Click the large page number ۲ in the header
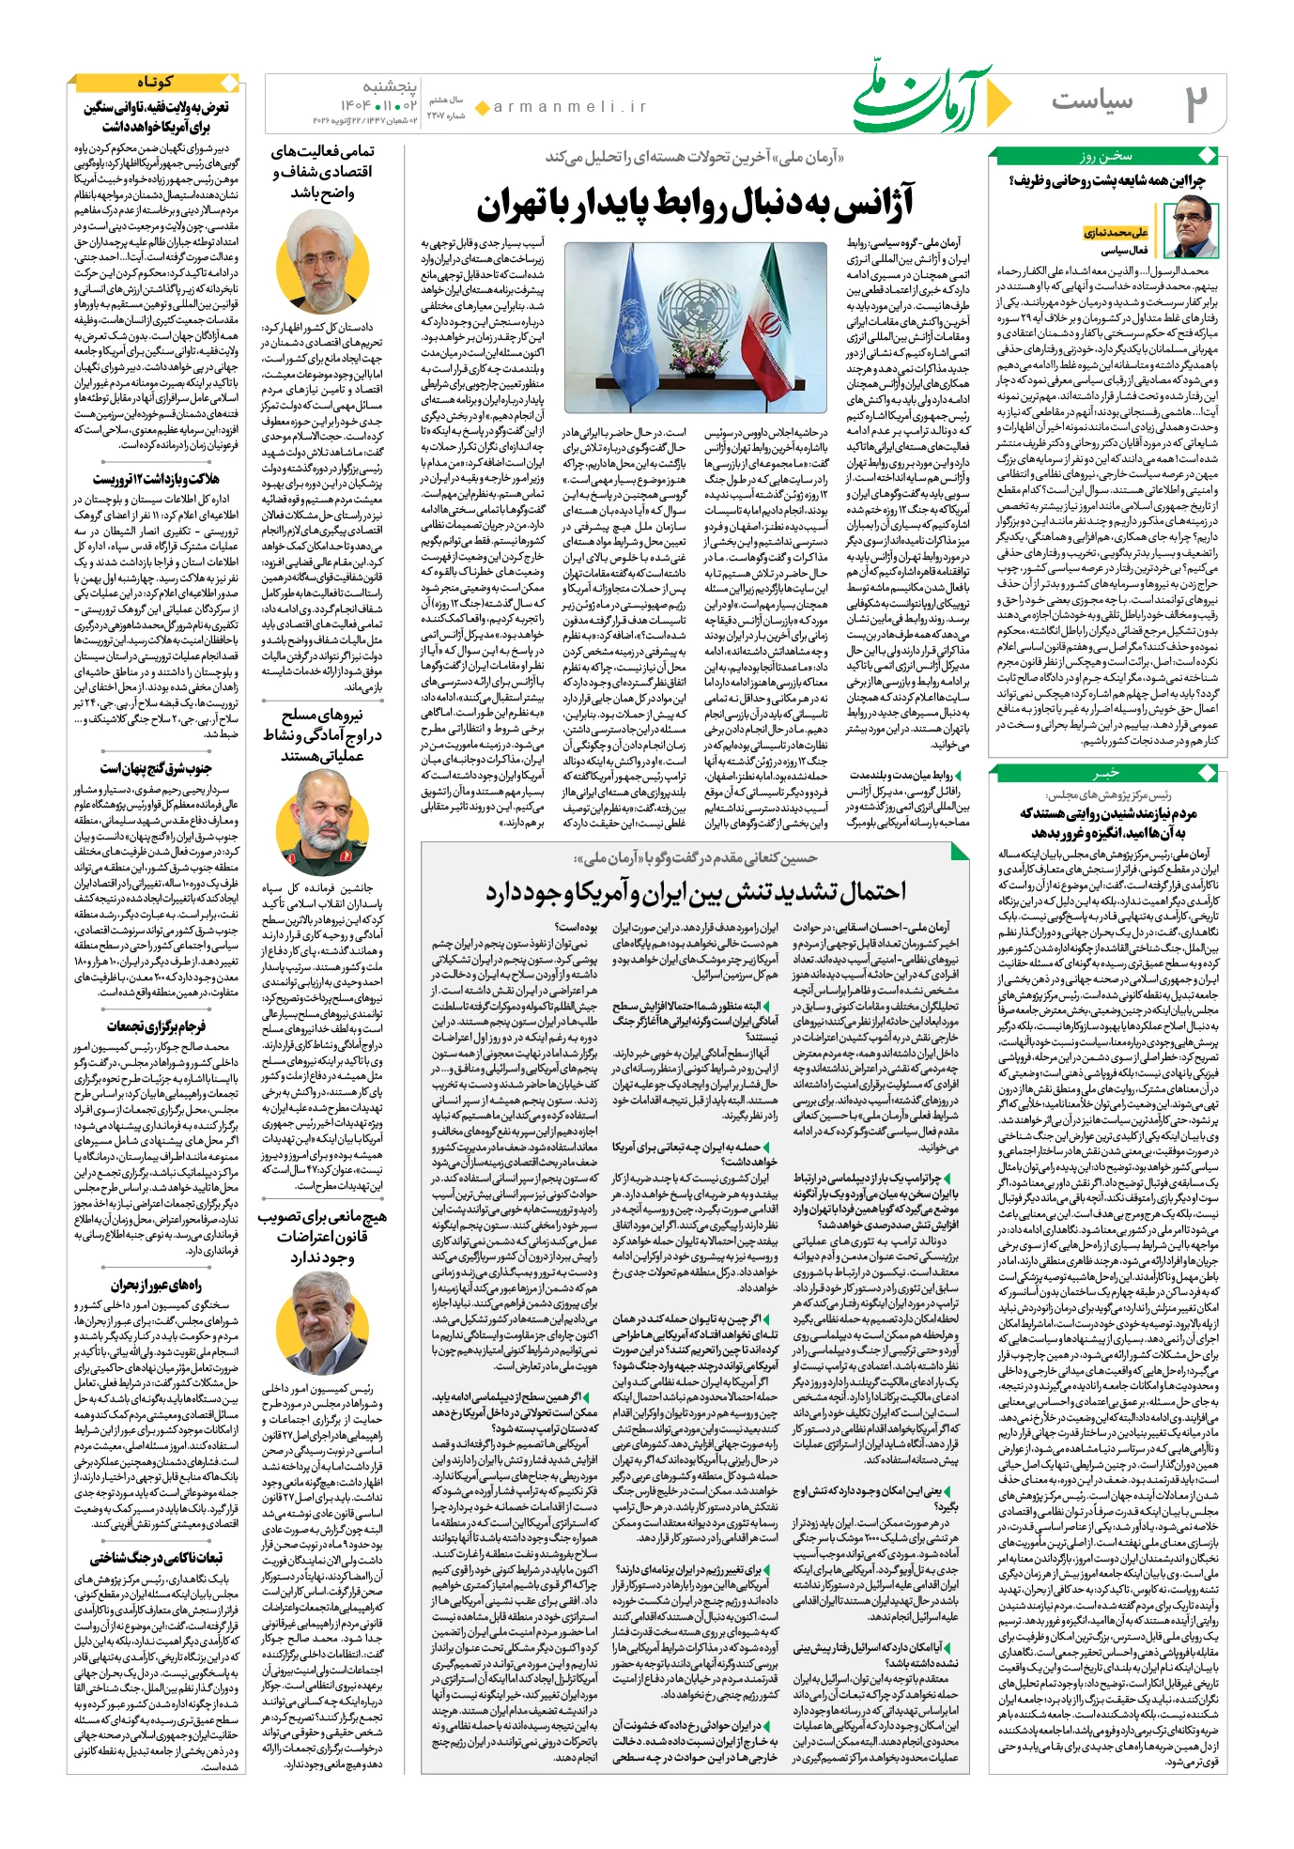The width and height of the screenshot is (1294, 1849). tap(1194, 103)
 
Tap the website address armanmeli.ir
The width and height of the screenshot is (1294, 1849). tap(570, 107)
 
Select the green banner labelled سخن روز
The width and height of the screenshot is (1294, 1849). tap(1106, 156)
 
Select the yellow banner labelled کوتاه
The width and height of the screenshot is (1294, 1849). tap(154, 83)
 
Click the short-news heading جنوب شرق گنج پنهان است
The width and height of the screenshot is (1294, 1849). tap(156, 769)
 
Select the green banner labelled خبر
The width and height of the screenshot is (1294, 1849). tap(1106, 774)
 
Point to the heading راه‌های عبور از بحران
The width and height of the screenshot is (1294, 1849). tap(156, 1286)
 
